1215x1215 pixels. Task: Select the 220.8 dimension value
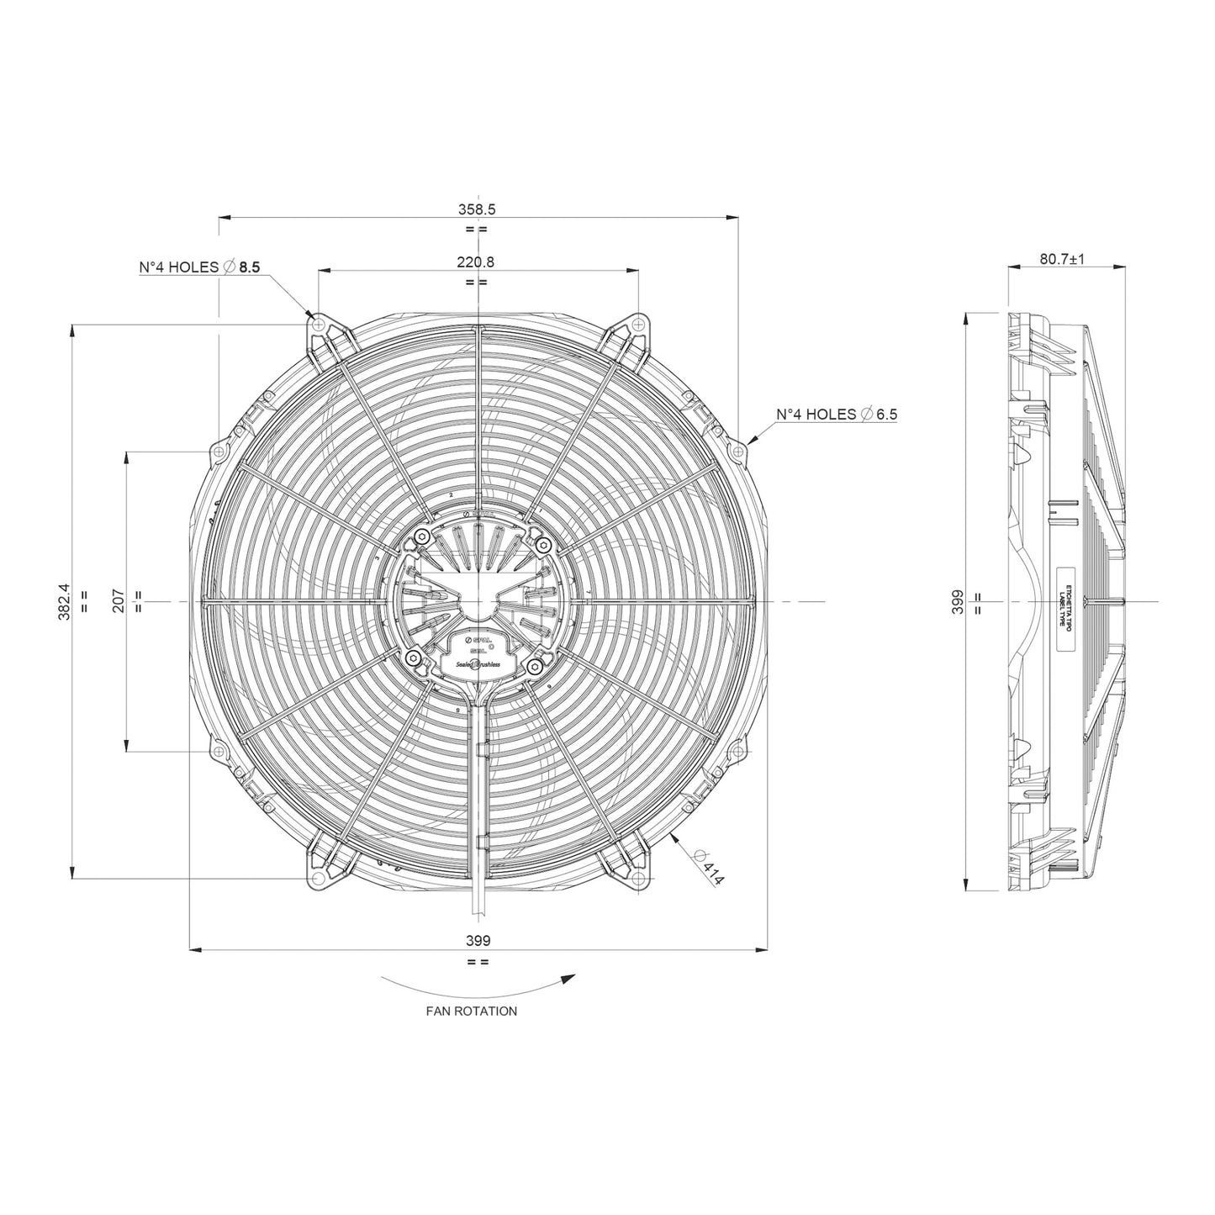476,261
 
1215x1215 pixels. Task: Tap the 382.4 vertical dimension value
65,602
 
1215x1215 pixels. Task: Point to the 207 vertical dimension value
119,600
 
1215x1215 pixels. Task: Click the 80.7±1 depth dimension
1062,259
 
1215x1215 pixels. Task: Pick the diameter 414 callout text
709,868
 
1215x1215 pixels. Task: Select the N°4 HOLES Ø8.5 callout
200,267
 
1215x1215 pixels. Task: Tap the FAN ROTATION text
471,1011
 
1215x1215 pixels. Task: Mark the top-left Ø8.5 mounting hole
318,323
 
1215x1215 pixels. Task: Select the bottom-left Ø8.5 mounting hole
318,880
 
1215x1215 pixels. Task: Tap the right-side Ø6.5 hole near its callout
737,452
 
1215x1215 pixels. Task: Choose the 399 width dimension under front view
478,941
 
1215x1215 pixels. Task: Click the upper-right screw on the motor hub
542,546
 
